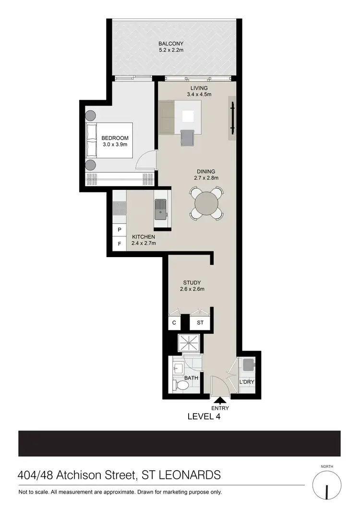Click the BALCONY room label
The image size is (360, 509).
point(171,44)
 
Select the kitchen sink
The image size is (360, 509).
point(160,209)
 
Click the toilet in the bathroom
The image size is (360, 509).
point(181,385)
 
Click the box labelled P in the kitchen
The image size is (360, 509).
point(119,230)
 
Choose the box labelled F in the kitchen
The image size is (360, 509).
point(119,243)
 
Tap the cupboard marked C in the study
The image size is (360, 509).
point(174,323)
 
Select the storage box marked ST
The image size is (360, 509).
point(200,323)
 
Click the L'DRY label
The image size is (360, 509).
point(246,382)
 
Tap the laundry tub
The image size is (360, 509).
point(249,365)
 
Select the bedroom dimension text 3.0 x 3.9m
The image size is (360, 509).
point(115,145)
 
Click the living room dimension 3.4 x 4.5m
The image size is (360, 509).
point(199,95)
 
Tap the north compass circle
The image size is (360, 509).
point(326,485)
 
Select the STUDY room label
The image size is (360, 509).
point(192,283)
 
